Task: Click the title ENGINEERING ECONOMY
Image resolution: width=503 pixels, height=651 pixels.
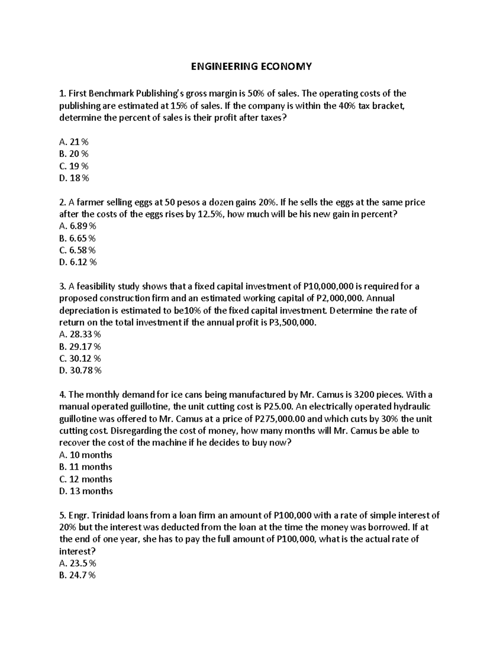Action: click(x=251, y=67)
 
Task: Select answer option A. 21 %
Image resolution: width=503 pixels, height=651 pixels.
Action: click(x=74, y=142)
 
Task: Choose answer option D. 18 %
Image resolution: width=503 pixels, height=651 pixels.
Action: click(x=74, y=178)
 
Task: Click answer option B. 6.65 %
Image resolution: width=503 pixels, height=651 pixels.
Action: click(x=78, y=239)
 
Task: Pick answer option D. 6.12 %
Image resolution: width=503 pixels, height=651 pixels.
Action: click(x=78, y=262)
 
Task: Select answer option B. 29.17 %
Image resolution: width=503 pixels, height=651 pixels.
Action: click(x=80, y=347)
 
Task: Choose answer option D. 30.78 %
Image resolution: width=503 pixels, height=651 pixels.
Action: click(x=80, y=371)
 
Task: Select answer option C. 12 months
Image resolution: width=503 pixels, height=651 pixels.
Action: click(x=86, y=479)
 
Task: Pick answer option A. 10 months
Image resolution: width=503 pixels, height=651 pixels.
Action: click(x=86, y=455)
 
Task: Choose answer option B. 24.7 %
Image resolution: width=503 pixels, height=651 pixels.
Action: click(x=78, y=576)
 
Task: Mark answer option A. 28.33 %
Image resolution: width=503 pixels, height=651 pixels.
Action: click(x=80, y=335)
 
